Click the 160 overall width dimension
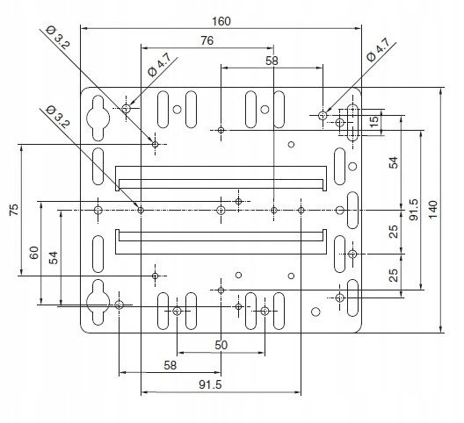coord(221,21)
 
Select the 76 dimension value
coord(207,40)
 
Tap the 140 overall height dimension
coord(433,209)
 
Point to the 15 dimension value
coord(374,121)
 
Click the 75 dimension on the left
coord(14,210)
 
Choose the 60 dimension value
coord(34,253)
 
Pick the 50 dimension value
coord(221,345)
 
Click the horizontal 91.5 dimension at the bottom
coord(210,384)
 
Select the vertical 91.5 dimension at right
coord(414,210)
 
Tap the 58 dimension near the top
coord(272,61)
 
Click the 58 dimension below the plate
coord(170,365)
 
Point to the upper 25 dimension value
coord(394,232)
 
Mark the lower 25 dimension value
coord(394,276)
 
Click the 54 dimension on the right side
coord(394,162)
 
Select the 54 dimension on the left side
coord(54,258)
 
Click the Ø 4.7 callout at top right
coord(378,50)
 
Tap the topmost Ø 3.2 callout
coord(58,37)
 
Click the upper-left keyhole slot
coord(98,118)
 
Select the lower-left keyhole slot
coord(98,302)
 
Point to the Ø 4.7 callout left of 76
coord(159,65)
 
